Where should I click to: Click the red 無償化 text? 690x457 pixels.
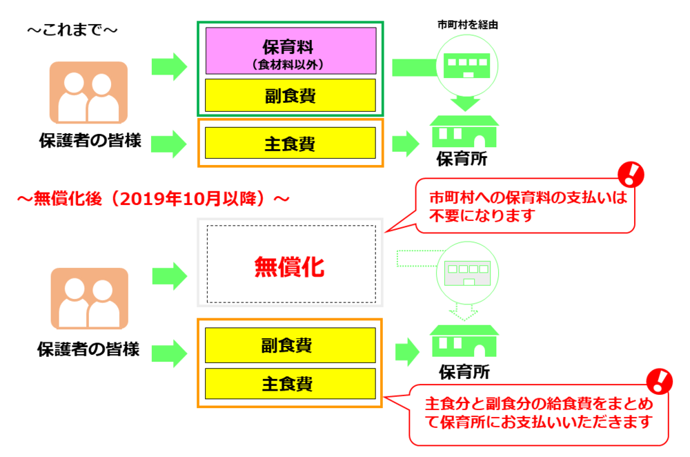289,266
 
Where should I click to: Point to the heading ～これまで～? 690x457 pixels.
72,31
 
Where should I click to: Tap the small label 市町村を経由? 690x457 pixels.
468,25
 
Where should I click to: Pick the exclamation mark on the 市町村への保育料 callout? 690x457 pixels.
629,173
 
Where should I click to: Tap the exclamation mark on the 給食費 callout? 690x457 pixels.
661,380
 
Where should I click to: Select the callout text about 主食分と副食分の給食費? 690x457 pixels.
538,411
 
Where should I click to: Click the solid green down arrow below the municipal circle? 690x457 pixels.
467,104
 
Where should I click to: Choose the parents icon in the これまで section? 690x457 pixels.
88,93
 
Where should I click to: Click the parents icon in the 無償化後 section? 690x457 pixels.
88,298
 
